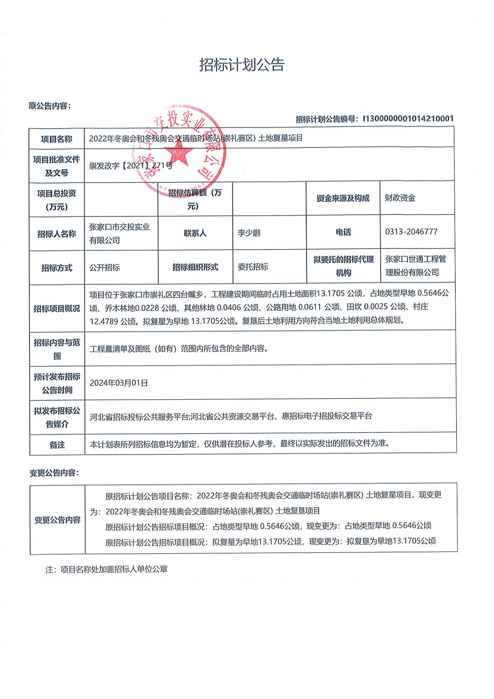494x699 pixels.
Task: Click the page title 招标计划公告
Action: [x=242, y=65]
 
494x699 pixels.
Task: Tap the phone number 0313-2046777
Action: [x=411, y=232]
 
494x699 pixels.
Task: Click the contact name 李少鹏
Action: [x=249, y=233]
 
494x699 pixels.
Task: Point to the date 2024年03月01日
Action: [x=119, y=383]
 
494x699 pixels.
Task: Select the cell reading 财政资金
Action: [x=400, y=198]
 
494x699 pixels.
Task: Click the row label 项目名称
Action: [x=57, y=139]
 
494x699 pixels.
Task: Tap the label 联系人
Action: [x=195, y=233]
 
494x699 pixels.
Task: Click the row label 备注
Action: [x=57, y=445]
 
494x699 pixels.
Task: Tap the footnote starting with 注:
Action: [x=107, y=569]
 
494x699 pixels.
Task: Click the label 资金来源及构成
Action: [x=343, y=198]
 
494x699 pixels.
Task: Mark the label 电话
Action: [x=343, y=232]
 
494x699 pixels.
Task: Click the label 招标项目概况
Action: [x=57, y=309]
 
